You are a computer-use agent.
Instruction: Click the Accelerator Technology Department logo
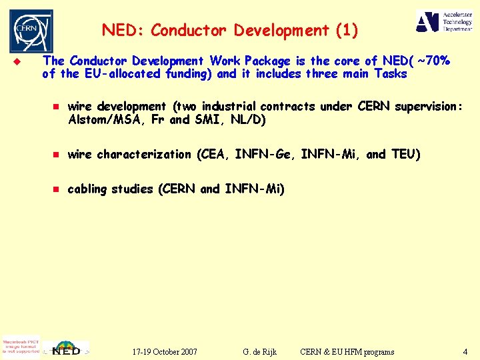click(x=444, y=22)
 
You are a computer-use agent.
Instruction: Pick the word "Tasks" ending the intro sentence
click(x=391, y=74)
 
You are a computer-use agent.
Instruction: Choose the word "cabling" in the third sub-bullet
click(x=87, y=189)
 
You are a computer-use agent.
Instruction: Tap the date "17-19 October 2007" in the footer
click(x=165, y=351)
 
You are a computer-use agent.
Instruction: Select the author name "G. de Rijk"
click(x=260, y=351)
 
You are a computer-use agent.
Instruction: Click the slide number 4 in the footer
click(x=465, y=351)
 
